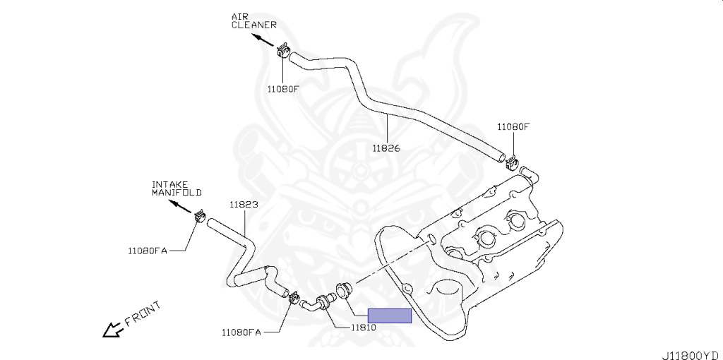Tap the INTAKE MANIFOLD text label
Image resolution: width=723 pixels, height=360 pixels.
(177, 188)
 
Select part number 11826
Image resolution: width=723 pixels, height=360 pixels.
(386, 148)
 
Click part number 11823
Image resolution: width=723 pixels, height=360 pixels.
(244, 205)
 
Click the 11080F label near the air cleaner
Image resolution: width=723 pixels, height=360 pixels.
(283, 89)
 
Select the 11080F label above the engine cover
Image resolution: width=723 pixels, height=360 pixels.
(513, 127)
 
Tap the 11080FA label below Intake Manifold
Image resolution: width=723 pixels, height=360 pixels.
(148, 250)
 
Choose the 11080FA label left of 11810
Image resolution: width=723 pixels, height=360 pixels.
(241, 332)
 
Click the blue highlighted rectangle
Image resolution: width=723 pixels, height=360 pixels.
(389, 316)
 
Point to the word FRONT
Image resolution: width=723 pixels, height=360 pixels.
(143, 313)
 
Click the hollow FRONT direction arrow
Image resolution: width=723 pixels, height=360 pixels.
(112, 330)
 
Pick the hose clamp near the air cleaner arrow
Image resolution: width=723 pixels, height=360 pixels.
(283, 50)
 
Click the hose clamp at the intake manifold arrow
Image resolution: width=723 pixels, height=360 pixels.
(200, 215)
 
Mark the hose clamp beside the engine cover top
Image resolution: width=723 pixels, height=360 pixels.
(513, 162)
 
